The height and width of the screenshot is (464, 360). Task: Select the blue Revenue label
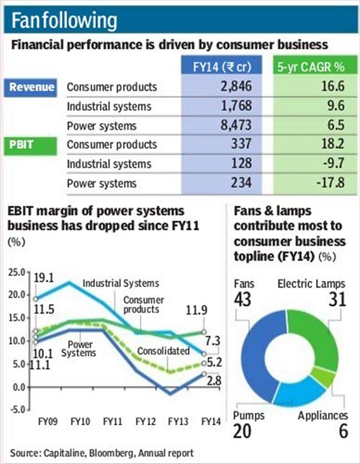pos(32,87)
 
